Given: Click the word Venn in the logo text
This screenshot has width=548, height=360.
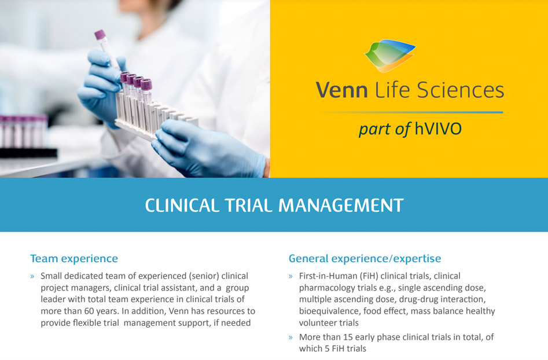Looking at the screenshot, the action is click(341, 90).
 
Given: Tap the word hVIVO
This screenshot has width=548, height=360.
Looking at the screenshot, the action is click(438, 128).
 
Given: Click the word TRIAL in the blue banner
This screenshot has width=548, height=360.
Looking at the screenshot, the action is click(248, 205).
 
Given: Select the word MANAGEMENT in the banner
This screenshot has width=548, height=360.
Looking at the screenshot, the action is click(341, 205).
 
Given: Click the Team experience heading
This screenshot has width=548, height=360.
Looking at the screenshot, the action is click(74, 259).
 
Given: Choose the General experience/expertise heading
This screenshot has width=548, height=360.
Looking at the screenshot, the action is click(365, 259).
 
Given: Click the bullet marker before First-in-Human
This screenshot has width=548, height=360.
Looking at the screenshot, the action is click(290, 277).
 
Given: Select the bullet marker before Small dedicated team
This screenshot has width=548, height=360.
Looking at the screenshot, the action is click(32, 277).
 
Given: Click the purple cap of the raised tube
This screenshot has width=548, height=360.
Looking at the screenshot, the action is click(100, 34).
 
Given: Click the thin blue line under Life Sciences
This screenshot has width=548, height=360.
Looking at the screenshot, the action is click(412, 112).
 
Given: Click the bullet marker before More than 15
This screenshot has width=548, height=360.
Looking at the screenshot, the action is click(290, 337).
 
